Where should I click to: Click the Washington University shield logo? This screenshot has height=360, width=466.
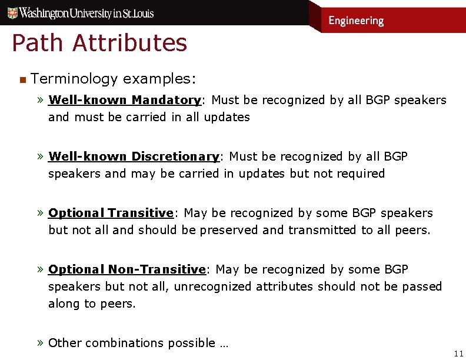click(9, 12)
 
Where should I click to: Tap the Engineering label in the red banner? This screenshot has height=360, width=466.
click(355, 21)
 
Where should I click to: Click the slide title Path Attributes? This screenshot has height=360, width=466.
click(99, 43)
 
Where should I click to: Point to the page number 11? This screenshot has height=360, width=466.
click(458, 353)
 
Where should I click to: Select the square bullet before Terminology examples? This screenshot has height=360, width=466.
click(22, 79)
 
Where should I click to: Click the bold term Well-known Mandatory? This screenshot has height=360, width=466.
click(124, 100)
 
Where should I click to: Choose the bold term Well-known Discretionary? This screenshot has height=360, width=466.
click(134, 156)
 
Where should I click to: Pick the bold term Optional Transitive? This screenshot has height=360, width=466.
click(111, 213)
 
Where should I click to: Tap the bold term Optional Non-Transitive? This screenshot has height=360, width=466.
click(127, 269)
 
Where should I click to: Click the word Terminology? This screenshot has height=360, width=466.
click(75, 78)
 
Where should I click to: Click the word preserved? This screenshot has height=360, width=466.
click(229, 230)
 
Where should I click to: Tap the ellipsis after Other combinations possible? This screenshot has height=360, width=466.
click(224, 344)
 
